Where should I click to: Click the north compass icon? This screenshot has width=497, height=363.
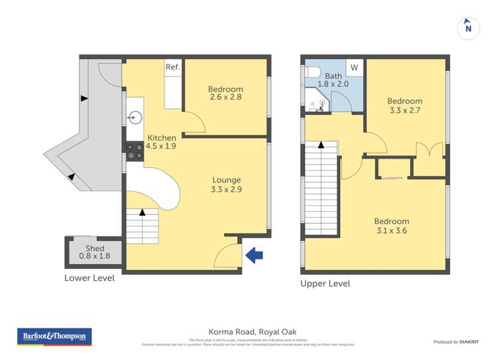(469, 28)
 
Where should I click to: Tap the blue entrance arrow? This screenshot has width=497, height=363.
(254, 254)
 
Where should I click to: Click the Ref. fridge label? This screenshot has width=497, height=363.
(172, 67)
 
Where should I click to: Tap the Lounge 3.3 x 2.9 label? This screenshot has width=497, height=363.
(226, 184)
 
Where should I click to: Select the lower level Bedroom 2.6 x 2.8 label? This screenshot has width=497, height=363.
(225, 94)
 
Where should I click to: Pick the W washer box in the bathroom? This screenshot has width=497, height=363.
(354, 67)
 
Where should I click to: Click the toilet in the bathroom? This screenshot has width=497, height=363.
(312, 72)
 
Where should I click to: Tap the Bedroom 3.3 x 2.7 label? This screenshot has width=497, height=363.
(404, 106)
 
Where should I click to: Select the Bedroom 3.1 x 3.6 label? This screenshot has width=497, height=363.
(391, 226)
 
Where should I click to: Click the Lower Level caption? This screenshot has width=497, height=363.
(89, 278)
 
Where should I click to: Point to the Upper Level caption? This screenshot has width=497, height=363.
(325, 283)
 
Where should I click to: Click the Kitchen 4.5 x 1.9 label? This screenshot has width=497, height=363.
(161, 142)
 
